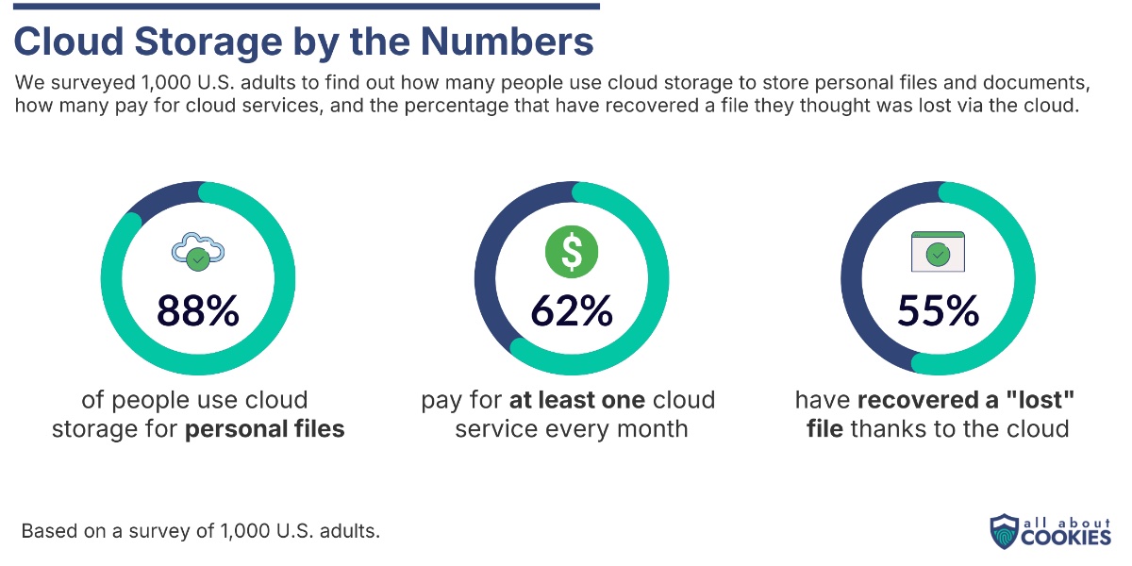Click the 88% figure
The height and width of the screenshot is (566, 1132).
197,311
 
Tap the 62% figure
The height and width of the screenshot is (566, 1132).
571,311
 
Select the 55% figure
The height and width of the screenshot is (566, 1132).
938,311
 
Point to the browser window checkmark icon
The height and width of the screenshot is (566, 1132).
937,252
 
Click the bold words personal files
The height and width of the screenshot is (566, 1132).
265,429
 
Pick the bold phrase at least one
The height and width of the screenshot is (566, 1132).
577,400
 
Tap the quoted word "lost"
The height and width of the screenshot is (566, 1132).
1042,400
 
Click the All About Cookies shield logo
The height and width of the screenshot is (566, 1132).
1004,531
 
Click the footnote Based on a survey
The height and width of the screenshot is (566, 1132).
200,530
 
